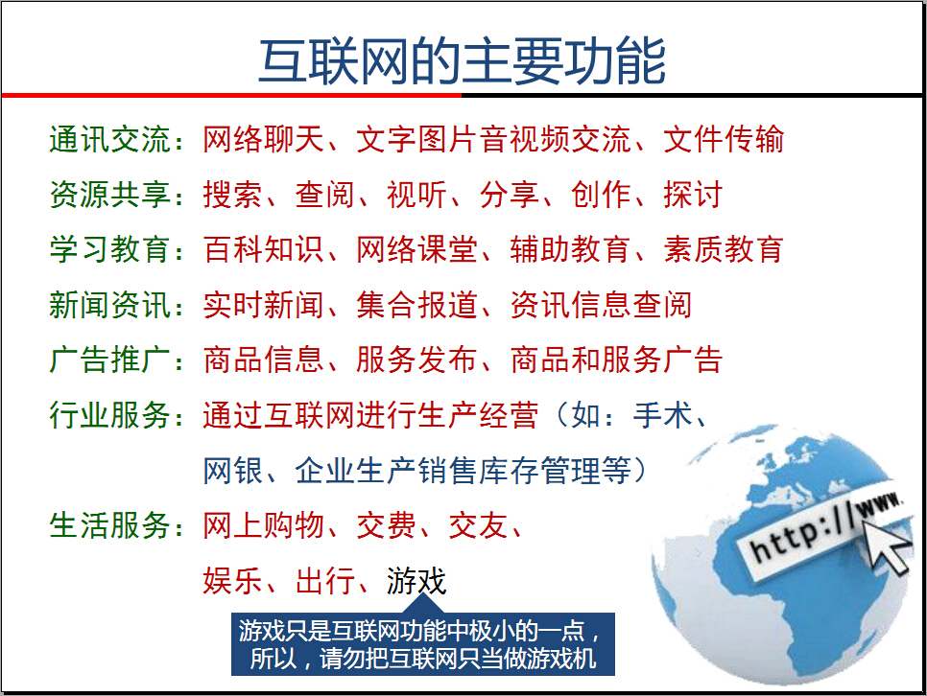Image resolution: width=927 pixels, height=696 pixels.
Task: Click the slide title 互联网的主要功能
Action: [x=462, y=61]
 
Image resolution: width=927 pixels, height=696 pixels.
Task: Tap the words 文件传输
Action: [x=724, y=140]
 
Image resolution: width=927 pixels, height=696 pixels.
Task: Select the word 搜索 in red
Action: [x=232, y=196]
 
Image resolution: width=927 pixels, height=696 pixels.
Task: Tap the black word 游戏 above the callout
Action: [x=416, y=581]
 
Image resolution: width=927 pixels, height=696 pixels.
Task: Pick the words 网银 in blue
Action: [x=232, y=472]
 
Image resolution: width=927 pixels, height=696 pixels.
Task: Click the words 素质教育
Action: [x=724, y=250]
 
